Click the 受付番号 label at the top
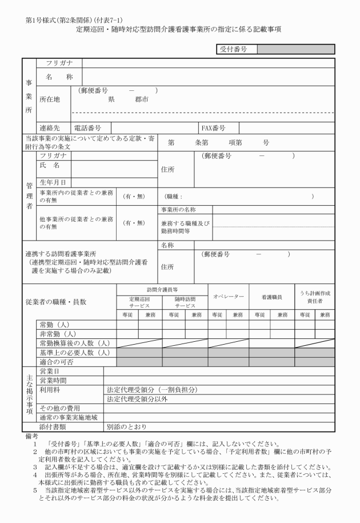233,49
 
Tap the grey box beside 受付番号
295,49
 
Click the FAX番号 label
213,127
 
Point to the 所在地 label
49,98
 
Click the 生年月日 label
51,182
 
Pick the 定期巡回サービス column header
139,302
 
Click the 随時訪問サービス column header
185,302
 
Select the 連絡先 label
49,127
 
